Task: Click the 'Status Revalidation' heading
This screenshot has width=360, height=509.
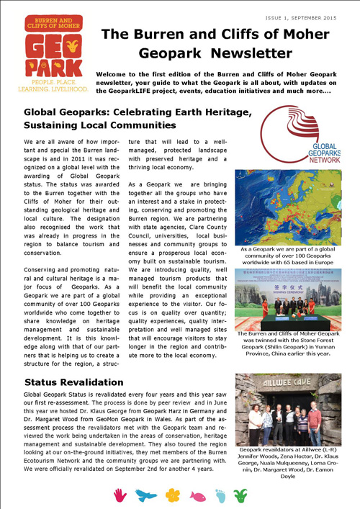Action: coord(73,380)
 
